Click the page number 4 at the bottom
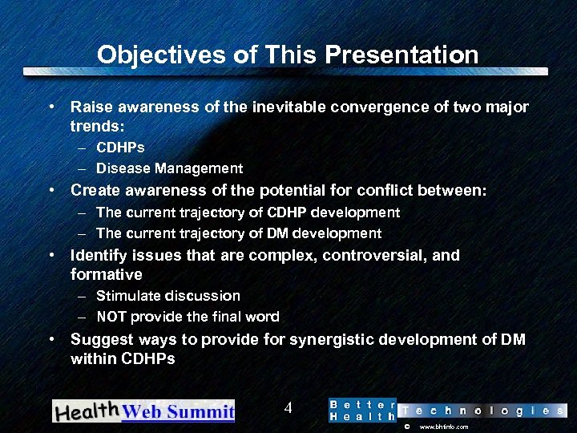288,408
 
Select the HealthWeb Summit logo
143,411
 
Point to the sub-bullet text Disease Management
169,168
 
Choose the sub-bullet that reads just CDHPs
120,148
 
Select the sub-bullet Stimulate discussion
167,296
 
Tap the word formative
106,275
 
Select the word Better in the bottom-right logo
362,404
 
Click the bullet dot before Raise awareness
51,107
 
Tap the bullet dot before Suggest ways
51,339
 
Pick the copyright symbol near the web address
406,427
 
